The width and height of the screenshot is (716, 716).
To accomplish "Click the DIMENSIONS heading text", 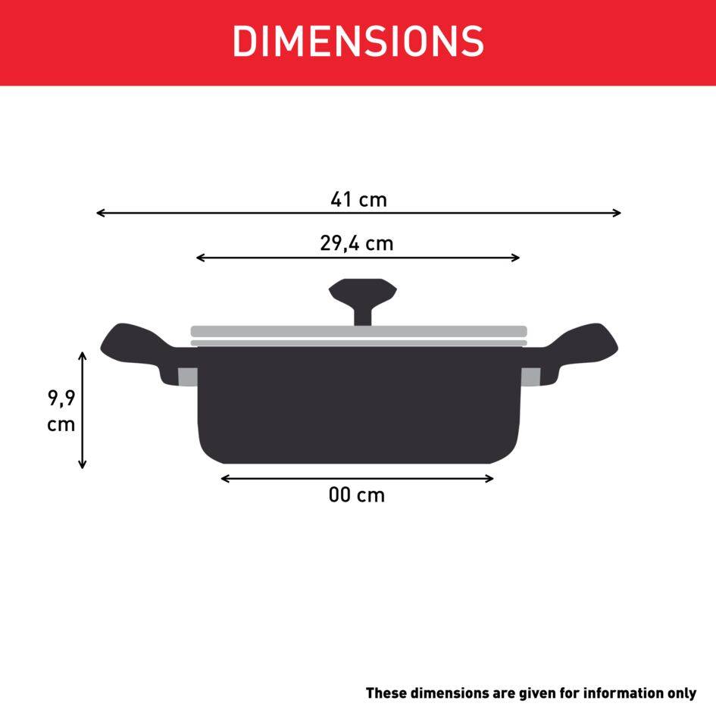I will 358,41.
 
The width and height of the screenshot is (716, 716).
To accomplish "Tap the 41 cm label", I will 358,200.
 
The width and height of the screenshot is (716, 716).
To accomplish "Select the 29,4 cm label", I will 357,244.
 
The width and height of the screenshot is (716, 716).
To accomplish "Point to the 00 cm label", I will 357,496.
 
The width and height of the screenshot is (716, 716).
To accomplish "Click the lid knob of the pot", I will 362,297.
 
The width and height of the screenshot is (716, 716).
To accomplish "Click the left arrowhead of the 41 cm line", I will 100,214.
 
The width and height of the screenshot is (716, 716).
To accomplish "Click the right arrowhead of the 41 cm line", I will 618,214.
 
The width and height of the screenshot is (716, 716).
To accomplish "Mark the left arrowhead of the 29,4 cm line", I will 200,258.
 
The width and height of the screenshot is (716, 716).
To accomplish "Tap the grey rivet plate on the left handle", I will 186,377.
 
